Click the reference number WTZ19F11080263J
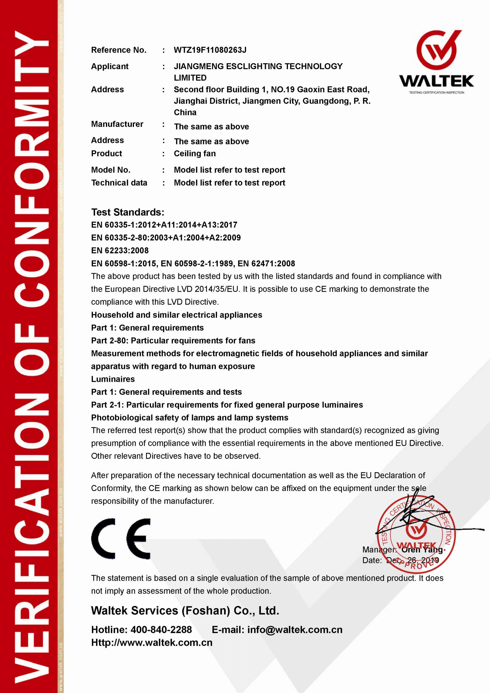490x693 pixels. [x=210, y=50]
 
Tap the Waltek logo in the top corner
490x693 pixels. [x=437, y=62]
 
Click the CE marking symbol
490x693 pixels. [x=121, y=539]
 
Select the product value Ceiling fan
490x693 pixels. [x=195, y=153]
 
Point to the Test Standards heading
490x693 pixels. [x=128, y=212]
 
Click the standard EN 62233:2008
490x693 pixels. [x=120, y=250]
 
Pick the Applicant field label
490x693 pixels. [x=110, y=66]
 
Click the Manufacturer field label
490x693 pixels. [x=117, y=124]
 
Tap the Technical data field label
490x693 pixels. [x=119, y=183]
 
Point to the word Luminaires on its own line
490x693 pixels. [x=113, y=379]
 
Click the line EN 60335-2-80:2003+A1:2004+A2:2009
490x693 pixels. [x=166, y=238]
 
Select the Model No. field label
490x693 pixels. [x=111, y=170]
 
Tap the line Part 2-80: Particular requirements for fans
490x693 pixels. [x=173, y=340]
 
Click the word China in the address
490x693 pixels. [x=185, y=112]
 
